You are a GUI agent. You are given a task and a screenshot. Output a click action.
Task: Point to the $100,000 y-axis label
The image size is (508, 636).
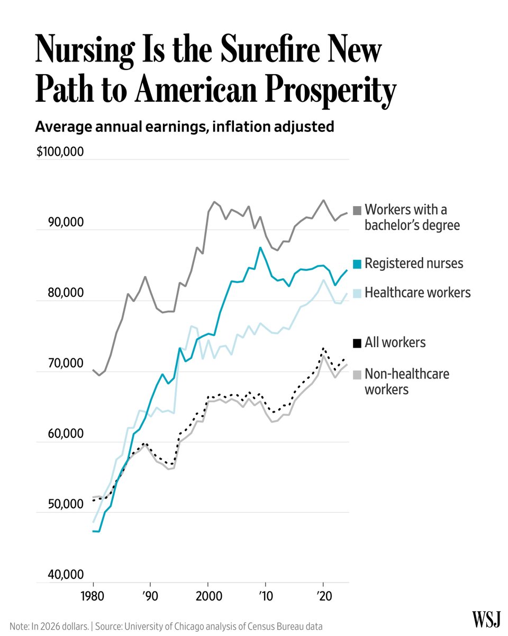[60, 152]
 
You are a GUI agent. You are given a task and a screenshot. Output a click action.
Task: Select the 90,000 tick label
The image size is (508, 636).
[66, 223]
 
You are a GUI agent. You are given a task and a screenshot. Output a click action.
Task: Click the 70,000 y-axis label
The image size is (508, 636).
[66, 364]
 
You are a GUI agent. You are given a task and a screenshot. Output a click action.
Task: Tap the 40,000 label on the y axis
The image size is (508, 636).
[66, 575]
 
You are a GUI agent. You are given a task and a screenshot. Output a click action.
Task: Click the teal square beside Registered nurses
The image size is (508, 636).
[357, 263]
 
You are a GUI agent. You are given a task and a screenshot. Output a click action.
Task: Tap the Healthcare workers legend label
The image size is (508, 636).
[418, 292]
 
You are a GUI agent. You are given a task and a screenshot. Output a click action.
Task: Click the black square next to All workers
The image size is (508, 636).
[357, 343]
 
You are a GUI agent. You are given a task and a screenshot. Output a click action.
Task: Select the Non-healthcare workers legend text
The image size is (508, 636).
[406, 382]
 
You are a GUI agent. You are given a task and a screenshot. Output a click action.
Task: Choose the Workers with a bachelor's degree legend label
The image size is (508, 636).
[412, 217]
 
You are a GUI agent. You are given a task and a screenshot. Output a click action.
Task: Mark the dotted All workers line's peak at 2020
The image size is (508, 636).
[323, 348]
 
